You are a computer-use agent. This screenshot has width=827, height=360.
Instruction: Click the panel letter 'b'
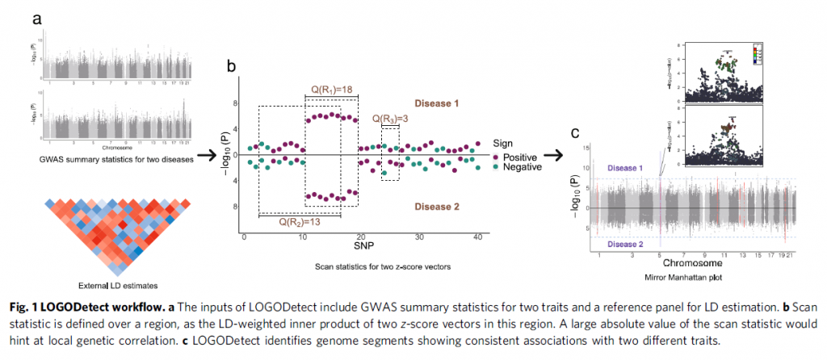click(x=231, y=69)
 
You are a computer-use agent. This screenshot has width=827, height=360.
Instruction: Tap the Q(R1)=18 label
click(x=332, y=88)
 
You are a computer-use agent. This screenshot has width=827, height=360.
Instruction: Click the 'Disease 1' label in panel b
click(x=436, y=103)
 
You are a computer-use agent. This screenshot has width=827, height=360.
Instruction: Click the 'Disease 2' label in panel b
click(x=436, y=207)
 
